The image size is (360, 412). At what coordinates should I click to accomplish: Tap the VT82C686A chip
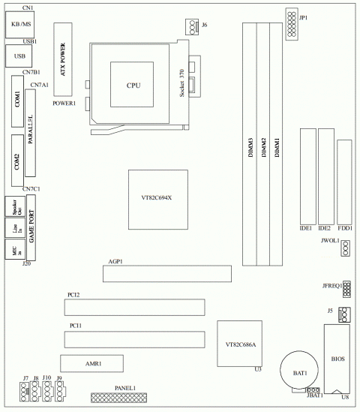(240, 344)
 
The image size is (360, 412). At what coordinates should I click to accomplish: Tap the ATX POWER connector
(65, 61)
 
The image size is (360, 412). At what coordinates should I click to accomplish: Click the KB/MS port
(17, 26)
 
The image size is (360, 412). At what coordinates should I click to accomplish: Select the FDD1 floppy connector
(344, 181)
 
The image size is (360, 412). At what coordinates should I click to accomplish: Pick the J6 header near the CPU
(193, 29)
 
